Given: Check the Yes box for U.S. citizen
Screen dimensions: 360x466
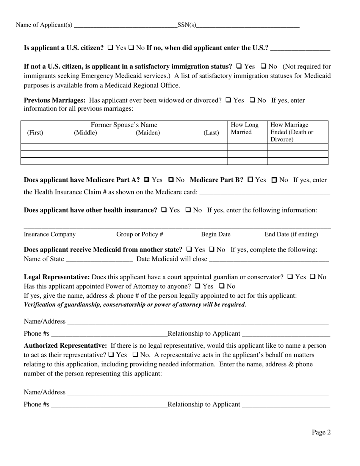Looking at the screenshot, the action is coord(111,48).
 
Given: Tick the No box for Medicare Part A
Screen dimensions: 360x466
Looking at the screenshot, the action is coord(171,180).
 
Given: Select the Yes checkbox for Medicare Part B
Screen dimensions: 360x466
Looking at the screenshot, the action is coord(250,180).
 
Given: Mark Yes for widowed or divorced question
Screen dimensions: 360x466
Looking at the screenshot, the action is coord(229,100).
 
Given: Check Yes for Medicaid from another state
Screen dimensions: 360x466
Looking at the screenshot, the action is coord(189,250).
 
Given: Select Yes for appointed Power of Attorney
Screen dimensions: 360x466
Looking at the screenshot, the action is coord(198,286).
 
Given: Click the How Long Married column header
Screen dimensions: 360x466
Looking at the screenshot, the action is coord(244,128).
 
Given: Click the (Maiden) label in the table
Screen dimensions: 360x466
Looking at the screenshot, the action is coord(148,133).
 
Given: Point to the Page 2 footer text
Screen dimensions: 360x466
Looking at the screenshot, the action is coord(321,432).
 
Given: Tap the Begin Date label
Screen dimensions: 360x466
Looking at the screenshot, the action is coord(216,235).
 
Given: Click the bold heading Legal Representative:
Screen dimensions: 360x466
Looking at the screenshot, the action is coord(57,277).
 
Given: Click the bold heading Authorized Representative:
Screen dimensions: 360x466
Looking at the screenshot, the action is coord(65,346).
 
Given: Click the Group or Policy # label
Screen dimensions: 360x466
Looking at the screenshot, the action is coord(139,235).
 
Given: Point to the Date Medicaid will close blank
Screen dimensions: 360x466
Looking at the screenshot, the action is coord(269,259).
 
